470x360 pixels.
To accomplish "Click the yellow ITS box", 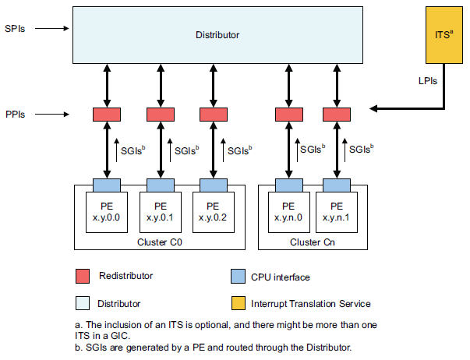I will click(x=442, y=36).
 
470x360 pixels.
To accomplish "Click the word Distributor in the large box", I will click(x=217, y=36).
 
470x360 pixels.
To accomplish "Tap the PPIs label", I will click(x=16, y=115).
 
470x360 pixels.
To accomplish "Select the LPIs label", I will click(x=426, y=80).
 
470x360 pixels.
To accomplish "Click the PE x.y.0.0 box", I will click(x=106, y=213).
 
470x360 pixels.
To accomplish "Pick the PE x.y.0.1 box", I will click(x=160, y=213).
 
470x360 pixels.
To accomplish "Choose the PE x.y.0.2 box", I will click(x=213, y=213).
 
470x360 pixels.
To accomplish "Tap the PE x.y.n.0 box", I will click(x=288, y=213).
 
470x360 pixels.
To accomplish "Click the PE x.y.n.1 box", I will click(x=337, y=213).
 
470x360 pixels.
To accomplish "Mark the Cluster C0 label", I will click(x=159, y=242).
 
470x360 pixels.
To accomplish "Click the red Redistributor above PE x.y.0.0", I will click(x=106, y=115).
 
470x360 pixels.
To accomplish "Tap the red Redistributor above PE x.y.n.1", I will click(x=337, y=115).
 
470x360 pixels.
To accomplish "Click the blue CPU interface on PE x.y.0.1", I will click(x=160, y=185).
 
